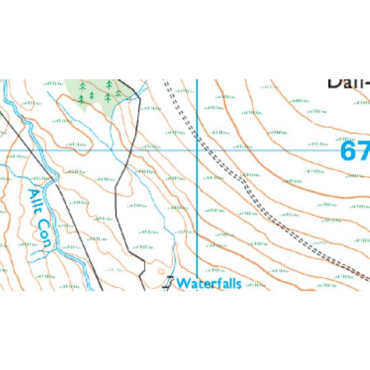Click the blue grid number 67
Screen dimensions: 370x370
point(355,151)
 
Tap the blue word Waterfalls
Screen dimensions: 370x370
point(208,283)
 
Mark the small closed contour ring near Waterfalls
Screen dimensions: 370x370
point(160,271)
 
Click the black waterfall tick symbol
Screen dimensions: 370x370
point(168,283)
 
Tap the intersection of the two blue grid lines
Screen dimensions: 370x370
point(197,150)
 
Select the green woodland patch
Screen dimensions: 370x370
point(92,92)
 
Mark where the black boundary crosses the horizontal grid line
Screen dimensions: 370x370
point(131,150)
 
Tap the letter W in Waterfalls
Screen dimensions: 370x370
point(183,283)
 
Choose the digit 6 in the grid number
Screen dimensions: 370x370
point(348,151)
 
